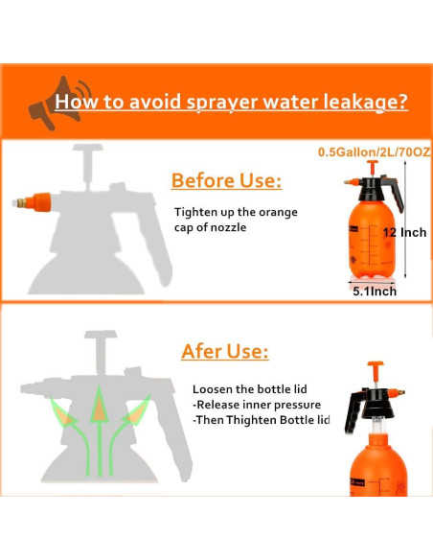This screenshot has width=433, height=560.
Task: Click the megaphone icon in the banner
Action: (57, 103)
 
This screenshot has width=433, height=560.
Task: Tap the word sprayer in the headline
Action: (222, 104)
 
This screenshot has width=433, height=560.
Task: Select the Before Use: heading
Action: (226, 180)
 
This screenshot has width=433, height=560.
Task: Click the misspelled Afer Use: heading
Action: (225, 351)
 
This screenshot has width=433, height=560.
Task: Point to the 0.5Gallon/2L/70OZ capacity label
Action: (375, 152)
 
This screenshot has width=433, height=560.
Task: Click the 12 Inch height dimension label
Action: (405, 232)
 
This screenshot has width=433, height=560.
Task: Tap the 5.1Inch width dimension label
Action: (375, 292)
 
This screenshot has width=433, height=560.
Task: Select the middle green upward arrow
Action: (100, 432)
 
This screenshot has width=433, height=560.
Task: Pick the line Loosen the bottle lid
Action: (250, 389)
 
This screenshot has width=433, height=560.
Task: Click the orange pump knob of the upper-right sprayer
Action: (373, 165)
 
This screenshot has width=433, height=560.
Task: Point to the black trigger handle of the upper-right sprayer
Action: (396, 193)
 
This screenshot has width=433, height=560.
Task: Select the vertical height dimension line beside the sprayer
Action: (405, 220)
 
